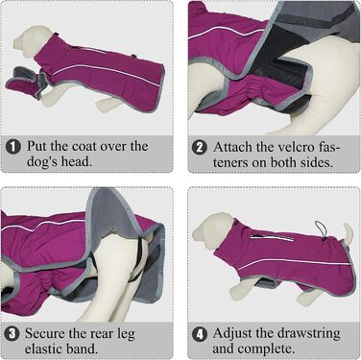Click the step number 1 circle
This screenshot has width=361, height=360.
[12, 147]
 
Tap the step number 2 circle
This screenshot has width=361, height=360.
[200, 148]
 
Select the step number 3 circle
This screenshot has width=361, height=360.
[12, 334]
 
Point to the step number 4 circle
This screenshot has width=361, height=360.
[200, 334]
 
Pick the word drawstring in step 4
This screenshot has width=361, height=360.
[308, 334]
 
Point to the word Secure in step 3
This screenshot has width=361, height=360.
[44, 333]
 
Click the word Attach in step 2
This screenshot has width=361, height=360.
[232, 147]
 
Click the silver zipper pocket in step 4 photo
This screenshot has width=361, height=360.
[272, 237]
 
